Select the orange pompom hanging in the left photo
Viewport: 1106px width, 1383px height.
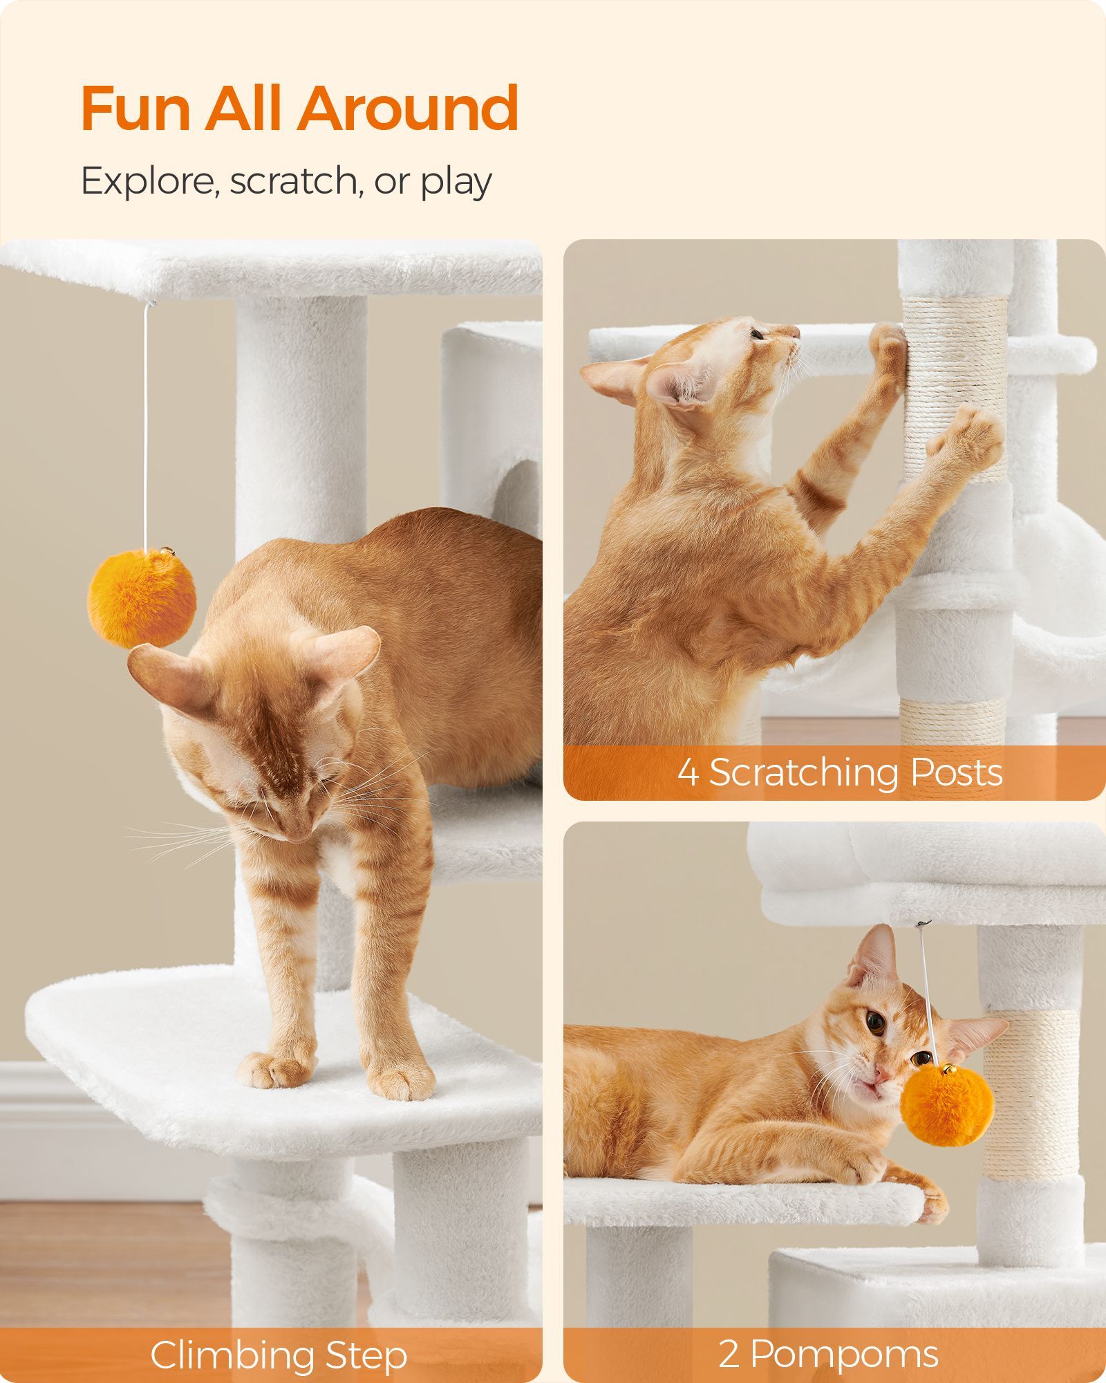141,597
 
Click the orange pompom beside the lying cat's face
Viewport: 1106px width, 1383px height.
947,1106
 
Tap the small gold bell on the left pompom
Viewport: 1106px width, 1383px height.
166,552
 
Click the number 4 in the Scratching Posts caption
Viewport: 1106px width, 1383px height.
688,772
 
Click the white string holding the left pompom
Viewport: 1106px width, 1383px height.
145,426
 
